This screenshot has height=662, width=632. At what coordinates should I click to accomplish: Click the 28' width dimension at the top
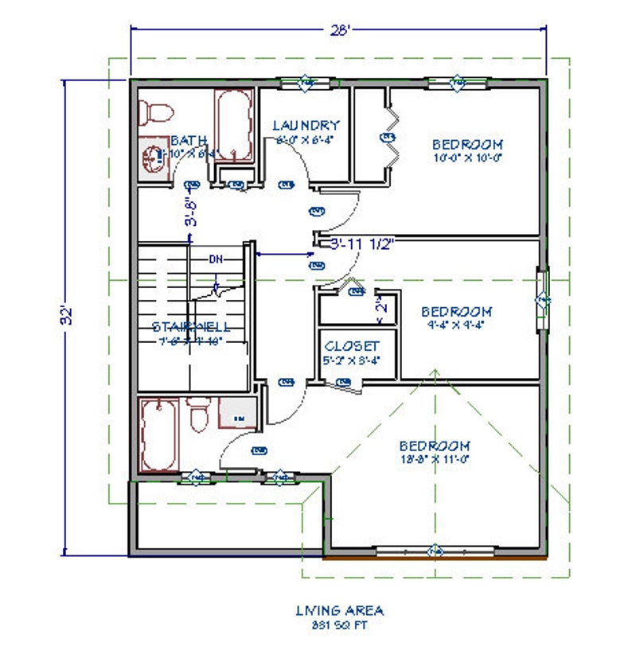(338, 29)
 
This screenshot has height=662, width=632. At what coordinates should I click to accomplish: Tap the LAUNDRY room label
(306, 125)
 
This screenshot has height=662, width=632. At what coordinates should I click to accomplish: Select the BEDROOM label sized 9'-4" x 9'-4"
(456, 311)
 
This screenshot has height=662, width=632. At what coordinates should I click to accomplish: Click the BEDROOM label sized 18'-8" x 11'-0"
(435, 446)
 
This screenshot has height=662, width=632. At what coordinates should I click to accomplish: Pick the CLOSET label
(351, 347)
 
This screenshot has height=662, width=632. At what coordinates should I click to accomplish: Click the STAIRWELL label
(191, 326)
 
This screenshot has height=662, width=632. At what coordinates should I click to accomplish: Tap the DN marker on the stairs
(216, 259)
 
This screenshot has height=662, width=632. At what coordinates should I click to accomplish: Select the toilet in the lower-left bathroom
(199, 415)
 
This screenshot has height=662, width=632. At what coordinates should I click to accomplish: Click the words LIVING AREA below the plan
(339, 610)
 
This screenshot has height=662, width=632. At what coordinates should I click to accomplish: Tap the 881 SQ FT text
(339, 625)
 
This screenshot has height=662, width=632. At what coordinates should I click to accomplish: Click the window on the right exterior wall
(544, 299)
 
